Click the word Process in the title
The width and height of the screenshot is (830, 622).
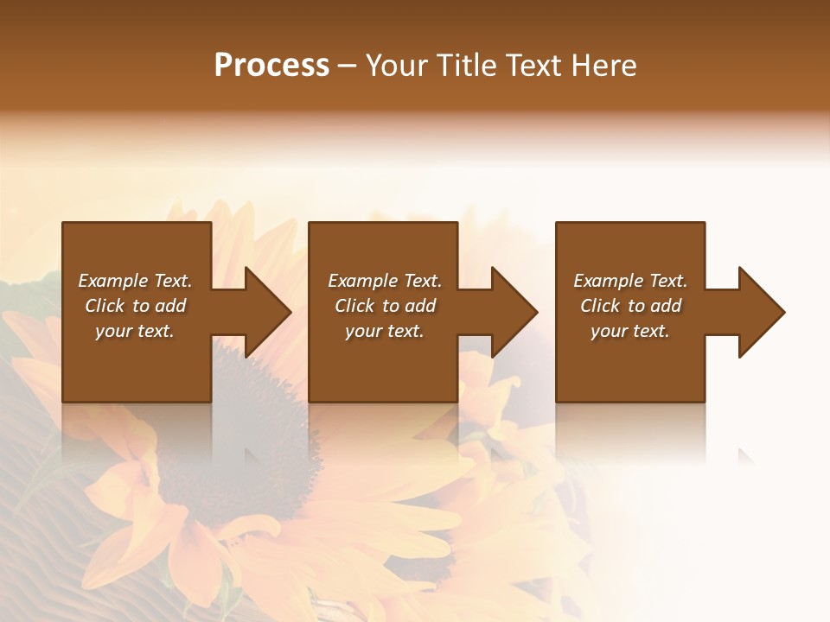[x=271, y=66]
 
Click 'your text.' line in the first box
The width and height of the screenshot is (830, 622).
[x=135, y=331]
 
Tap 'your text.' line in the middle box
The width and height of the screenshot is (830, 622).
[x=385, y=331]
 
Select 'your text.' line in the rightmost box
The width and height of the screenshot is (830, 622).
[x=630, y=331]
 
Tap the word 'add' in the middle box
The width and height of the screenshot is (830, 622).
[x=420, y=306]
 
